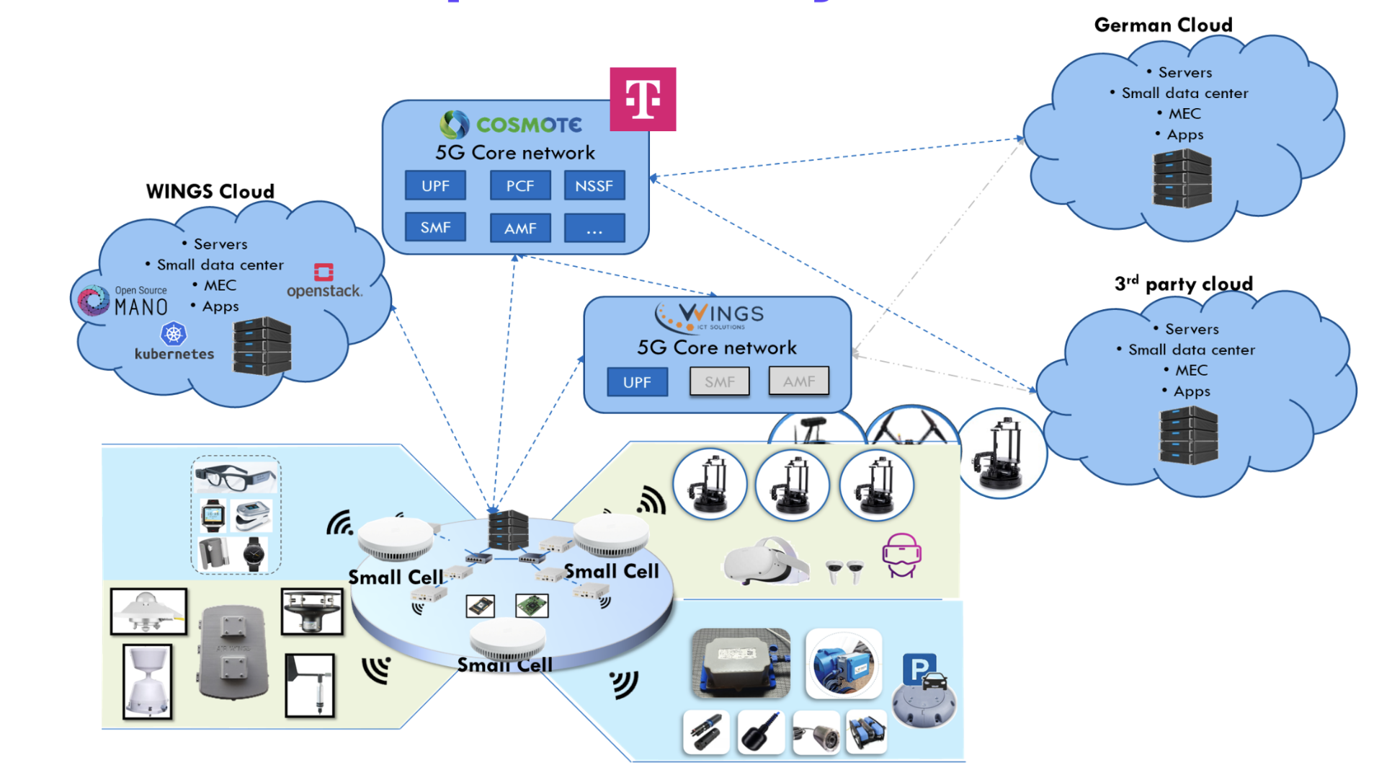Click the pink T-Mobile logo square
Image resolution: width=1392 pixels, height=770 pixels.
642,99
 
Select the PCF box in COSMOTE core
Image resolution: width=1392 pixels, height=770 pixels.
519,186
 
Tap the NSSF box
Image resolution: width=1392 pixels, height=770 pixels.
594,186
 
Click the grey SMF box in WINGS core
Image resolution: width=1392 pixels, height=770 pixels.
719,382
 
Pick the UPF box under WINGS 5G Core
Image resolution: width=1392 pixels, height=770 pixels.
637,382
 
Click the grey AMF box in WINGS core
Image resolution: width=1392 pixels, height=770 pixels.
798,381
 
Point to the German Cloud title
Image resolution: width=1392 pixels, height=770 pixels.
1162,25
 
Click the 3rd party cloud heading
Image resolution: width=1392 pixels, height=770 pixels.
1183,284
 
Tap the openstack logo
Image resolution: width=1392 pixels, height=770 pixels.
324,282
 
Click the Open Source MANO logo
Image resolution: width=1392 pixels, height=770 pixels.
122,301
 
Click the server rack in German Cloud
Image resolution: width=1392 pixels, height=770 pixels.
1182,179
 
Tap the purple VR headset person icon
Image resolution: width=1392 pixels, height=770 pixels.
901,555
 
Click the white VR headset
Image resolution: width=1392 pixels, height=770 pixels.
766,562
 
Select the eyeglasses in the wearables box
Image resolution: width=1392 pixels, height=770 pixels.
235,477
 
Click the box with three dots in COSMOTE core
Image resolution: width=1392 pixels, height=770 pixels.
594,229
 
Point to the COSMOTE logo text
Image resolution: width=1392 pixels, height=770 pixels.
528,125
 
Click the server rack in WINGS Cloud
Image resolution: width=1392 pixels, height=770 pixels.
262,346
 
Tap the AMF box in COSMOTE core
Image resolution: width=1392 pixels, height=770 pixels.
519,229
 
